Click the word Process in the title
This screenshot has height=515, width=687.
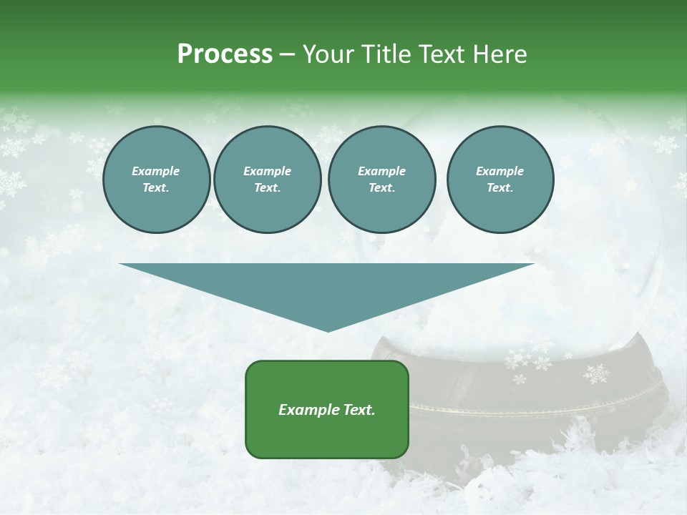point(225,54)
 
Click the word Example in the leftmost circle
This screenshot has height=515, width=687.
point(156,171)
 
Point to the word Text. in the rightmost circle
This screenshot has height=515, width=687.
point(500,188)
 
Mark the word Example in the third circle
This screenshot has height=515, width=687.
point(381,171)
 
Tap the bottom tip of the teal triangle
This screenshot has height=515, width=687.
point(328,330)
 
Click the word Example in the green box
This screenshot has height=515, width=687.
point(307,410)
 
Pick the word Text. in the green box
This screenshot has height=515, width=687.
point(358,410)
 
